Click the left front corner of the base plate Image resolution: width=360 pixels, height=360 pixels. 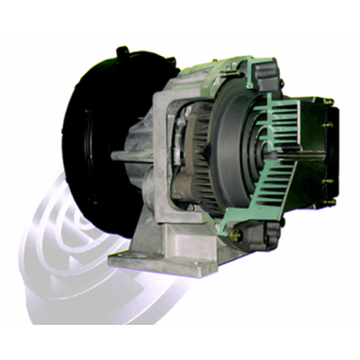pyautogui.click(x=117, y=261)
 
